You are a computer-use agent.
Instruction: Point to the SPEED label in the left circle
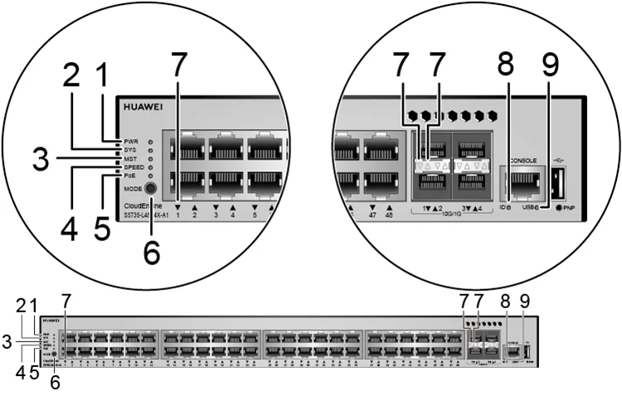tap(134, 167)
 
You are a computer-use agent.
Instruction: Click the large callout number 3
tap(40, 159)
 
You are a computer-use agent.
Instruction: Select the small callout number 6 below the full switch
tap(56, 383)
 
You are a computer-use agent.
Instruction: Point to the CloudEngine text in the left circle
tap(141, 204)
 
